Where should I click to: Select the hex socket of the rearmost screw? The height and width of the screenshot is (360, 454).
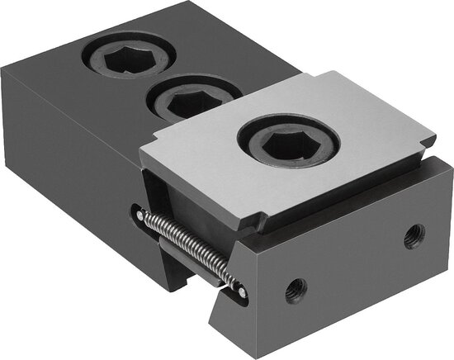pyautogui.click(x=127, y=59)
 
